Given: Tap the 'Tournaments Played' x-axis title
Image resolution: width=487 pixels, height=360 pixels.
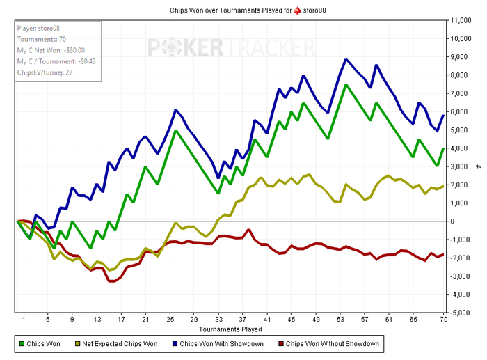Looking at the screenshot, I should click(229, 328).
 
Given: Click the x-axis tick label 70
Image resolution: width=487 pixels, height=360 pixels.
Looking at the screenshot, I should click(443, 320).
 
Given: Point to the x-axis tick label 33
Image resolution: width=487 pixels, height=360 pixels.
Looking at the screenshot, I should click(219, 320).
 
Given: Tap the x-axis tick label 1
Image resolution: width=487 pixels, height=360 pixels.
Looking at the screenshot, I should click(24, 320).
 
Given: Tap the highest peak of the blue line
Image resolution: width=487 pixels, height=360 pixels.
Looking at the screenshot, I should click(346, 59).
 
